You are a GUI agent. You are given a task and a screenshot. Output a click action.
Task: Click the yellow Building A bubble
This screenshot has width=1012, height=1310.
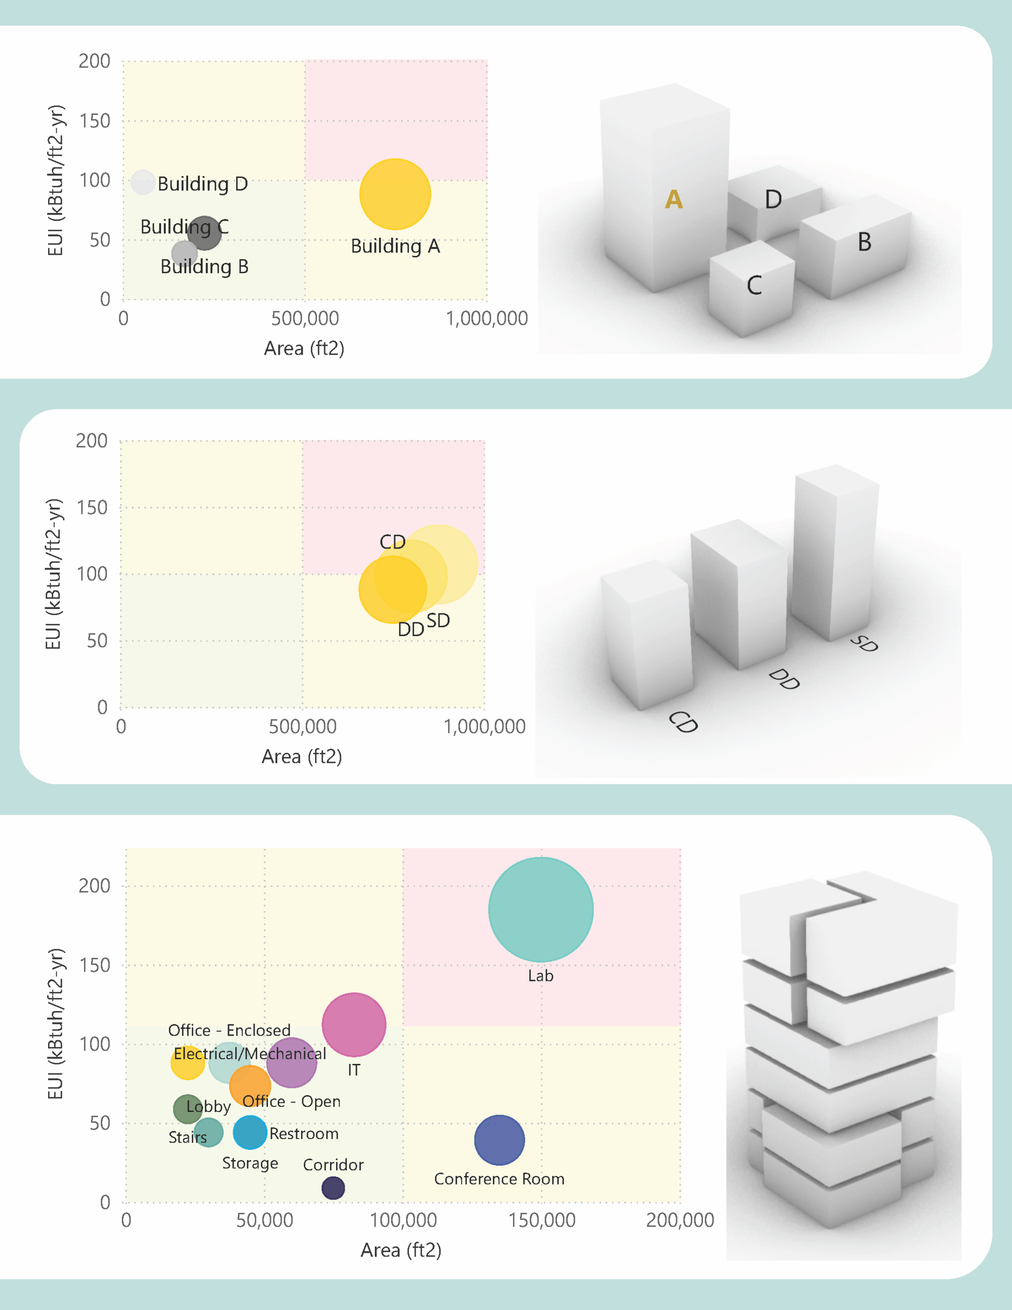(x=395, y=194)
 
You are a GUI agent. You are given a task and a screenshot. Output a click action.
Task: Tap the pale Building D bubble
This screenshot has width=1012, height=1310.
(x=143, y=182)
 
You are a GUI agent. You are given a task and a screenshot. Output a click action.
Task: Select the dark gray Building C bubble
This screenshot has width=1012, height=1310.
(x=205, y=233)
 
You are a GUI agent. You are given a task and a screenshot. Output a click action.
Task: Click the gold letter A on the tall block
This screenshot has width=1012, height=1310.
(x=674, y=199)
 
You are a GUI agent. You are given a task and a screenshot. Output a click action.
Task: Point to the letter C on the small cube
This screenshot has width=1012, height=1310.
(x=754, y=286)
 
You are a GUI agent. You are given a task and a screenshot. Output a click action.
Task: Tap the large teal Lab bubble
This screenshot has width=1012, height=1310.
(x=541, y=910)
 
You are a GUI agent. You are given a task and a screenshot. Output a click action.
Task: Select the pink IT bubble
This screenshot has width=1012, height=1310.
(x=354, y=1024)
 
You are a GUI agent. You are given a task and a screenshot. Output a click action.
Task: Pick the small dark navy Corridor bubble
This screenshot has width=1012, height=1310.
(x=333, y=1188)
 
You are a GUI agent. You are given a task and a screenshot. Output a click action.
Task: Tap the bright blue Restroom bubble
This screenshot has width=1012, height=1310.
(x=250, y=1132)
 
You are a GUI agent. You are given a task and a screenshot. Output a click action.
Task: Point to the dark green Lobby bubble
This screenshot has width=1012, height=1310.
(x=187, y=1109)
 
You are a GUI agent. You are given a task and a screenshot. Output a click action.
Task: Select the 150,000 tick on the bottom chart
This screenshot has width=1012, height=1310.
(x=542, y=1219)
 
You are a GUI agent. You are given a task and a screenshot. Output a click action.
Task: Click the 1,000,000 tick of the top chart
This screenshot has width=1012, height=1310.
(x=486, y=318)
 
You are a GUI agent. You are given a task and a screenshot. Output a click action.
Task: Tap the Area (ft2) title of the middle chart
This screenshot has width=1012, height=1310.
(x=302, y=756)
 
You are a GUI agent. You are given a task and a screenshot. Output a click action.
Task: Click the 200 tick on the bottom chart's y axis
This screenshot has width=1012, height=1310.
(x=95, y=886)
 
